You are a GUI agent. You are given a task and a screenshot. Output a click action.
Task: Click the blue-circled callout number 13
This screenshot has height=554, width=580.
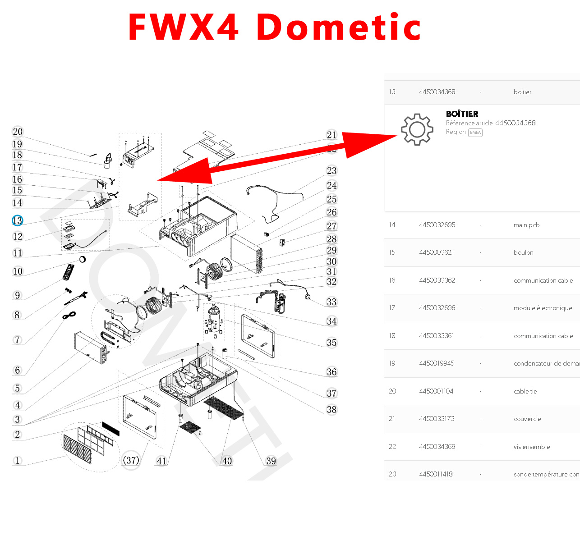17,220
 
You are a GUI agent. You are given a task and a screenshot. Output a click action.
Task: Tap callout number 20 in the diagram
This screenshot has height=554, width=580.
18,132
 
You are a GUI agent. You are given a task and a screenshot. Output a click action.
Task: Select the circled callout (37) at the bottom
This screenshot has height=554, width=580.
131,460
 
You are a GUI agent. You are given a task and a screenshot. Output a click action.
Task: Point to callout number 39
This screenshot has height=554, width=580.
271,461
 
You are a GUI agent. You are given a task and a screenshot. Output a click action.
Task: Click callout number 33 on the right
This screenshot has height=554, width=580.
331,302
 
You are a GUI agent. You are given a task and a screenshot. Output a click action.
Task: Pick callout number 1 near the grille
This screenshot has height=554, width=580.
18,460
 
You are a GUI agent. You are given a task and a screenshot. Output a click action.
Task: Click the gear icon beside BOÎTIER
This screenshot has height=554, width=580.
417,129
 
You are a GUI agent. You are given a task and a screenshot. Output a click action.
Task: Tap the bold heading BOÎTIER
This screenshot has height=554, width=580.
462,114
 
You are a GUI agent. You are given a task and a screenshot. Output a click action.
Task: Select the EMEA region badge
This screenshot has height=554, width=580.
475,133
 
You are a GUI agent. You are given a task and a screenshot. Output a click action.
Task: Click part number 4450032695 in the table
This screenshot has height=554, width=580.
437,225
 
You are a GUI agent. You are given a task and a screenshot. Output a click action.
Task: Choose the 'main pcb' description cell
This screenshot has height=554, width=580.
526,225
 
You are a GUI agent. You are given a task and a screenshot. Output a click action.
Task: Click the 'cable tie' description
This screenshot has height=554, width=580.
525,391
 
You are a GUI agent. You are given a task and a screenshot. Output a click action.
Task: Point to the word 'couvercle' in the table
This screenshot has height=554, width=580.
527,419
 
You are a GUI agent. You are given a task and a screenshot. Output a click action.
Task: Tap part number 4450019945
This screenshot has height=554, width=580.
437,363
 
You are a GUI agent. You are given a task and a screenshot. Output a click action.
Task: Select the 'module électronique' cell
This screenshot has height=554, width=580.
543,308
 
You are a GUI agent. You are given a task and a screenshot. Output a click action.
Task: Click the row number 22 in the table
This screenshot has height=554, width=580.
392,447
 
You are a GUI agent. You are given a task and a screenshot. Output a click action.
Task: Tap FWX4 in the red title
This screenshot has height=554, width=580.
184,27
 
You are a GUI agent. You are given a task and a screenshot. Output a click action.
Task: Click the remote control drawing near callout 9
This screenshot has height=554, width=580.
68,272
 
